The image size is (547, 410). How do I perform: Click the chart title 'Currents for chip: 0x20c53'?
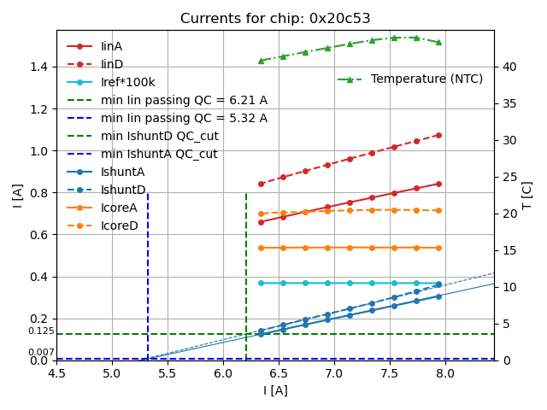tap(274, 19)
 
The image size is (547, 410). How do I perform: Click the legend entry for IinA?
tap(112, 46)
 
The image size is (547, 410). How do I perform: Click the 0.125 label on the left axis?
tap(41, 331)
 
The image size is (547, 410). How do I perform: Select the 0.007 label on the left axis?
tap(41, 353)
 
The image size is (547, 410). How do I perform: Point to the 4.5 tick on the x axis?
tap(56, 373)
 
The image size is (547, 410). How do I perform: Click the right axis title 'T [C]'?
tap(527, 195)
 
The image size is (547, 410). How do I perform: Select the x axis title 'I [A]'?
tap(274, 390)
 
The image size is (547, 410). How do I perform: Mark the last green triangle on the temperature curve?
tap(438, 42)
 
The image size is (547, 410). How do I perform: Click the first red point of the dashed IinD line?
tap(261, 184)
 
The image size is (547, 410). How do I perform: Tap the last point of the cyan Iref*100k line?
tap(438, 283)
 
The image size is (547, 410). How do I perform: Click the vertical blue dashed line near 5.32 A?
tap(148, 273)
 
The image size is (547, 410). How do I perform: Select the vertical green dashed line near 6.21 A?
tap(246, 273)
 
